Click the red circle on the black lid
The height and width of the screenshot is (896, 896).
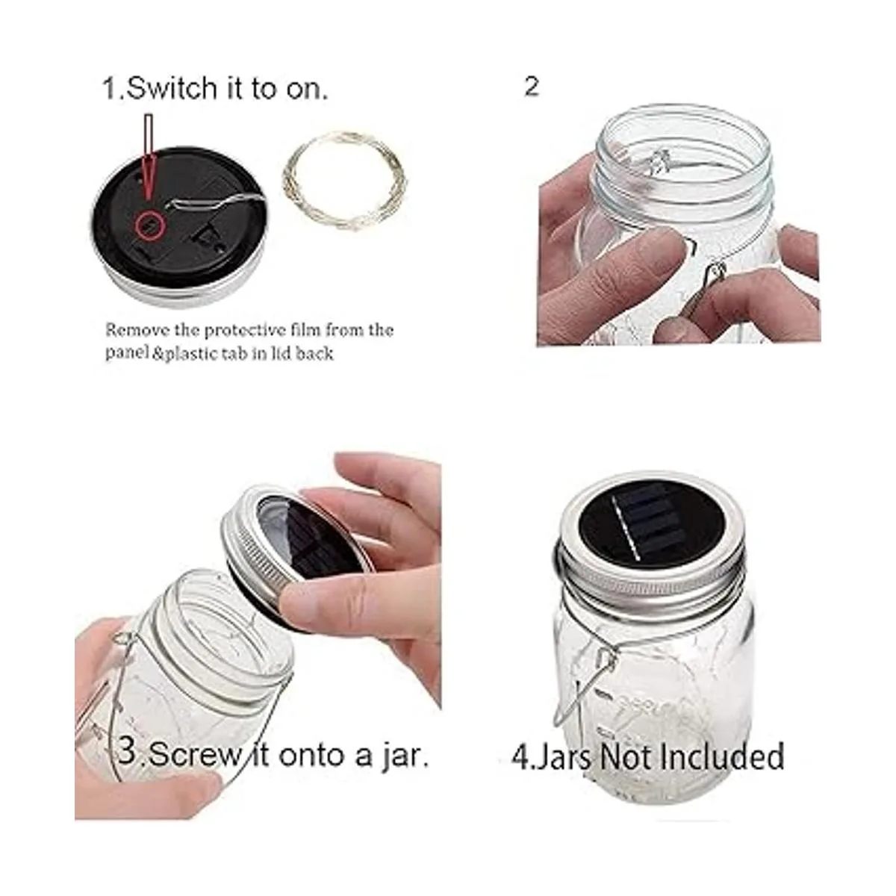click(150, 225)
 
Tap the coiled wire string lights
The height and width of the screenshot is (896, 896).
click(344, 181)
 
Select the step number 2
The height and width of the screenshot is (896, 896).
click(532, 87)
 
